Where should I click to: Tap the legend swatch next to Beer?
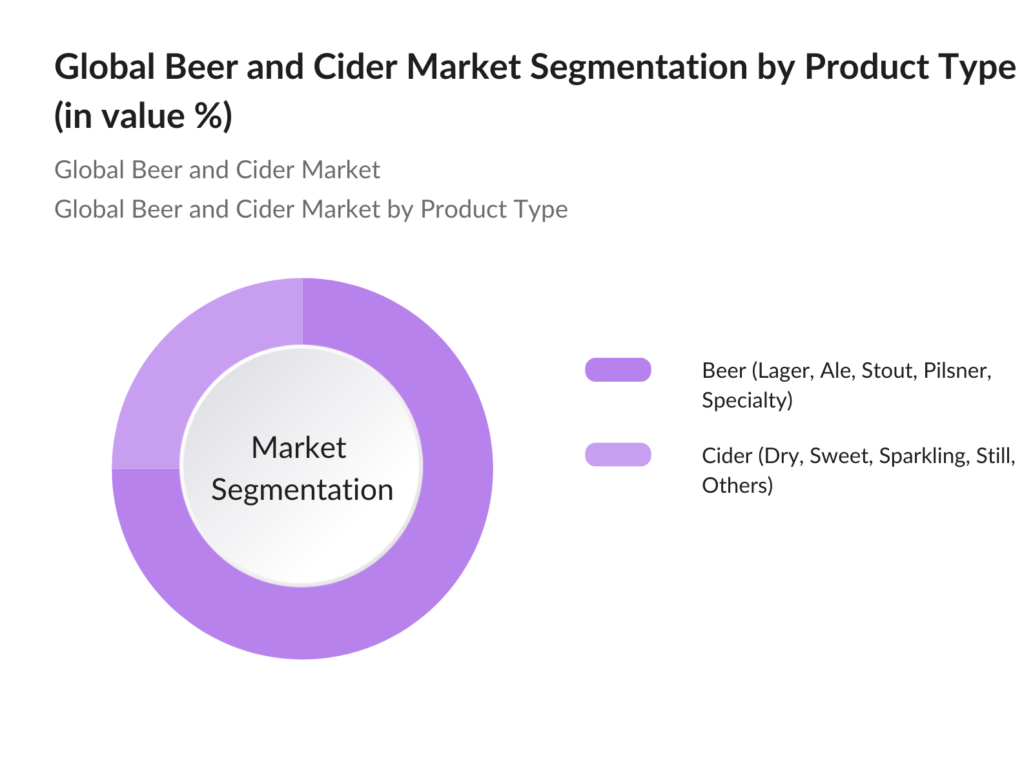(618, 370)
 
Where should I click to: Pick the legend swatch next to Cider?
(618, 455)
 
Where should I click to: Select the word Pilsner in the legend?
(957, 371)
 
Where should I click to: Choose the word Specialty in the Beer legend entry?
(747, 400)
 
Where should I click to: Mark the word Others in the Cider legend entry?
(737, 485)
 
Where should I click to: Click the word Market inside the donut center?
(299, 448)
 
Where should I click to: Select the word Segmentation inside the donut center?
(302, 490)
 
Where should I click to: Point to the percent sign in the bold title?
(206, 116)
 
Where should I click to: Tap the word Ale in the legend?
(837, 371)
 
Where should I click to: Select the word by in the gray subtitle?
(400, 209)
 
